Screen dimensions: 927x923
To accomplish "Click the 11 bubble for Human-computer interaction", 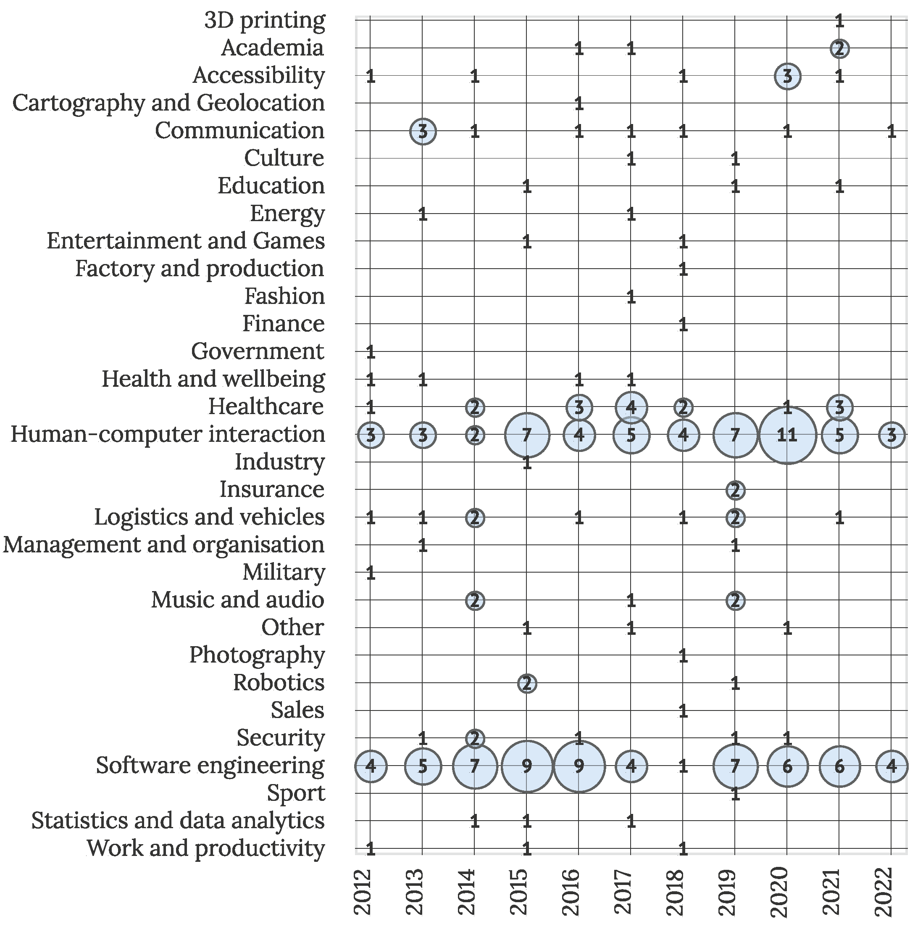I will (787, 435).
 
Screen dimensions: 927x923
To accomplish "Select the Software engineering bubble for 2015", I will (526, 766).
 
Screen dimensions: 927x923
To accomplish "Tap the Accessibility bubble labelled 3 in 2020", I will (787, 76).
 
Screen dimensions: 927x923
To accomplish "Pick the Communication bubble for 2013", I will (422, 132).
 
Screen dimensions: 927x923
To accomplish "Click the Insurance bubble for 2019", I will (735, 490).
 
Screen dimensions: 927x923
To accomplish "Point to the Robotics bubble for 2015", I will (526, 683).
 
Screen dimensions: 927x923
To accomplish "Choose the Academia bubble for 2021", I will (839, 48).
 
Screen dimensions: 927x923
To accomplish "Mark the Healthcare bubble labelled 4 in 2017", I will (631, 407).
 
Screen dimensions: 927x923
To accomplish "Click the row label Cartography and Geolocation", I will (168, 103).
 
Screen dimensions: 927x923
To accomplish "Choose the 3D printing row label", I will (265, 21).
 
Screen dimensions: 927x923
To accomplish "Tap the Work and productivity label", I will (206, 848).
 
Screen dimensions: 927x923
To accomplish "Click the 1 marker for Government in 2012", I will (370, 353).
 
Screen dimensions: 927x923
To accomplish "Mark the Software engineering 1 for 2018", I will (683, 766).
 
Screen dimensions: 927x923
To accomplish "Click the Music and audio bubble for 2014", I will (475, 601).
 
